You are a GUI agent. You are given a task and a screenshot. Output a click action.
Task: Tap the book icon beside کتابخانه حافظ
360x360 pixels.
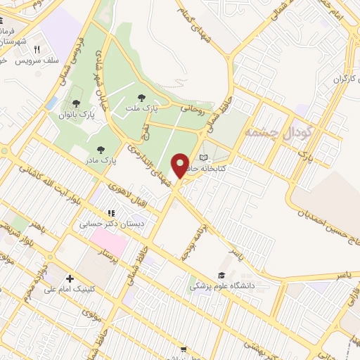point(203,157)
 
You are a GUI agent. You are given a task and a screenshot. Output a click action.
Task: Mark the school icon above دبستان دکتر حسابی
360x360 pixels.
point(110,212)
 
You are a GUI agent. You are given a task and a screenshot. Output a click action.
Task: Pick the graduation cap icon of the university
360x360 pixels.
point(221,275)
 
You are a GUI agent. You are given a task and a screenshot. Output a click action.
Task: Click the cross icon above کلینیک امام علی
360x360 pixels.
point(70,279)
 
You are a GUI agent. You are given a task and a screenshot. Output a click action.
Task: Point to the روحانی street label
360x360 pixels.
point(192,109)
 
